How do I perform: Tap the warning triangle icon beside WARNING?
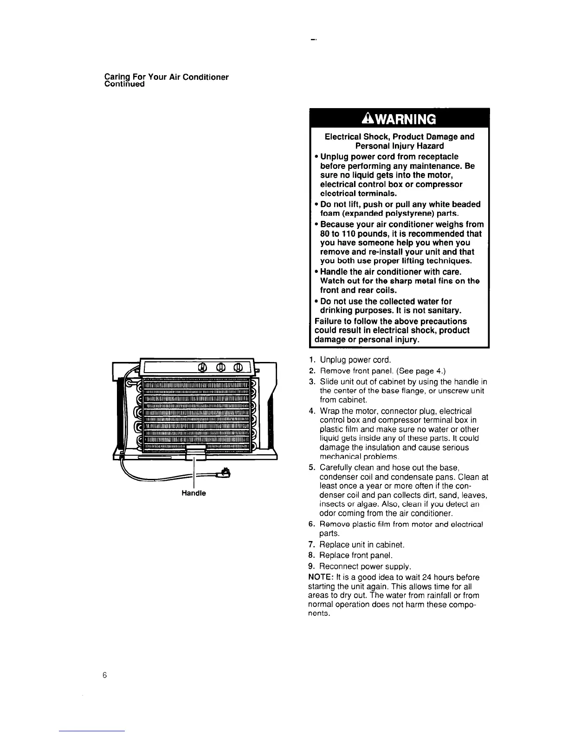click(366, 119)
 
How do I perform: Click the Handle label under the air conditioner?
click(194, 493)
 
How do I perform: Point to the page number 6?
click(105, 675)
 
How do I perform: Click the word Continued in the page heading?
click(125, 84)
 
